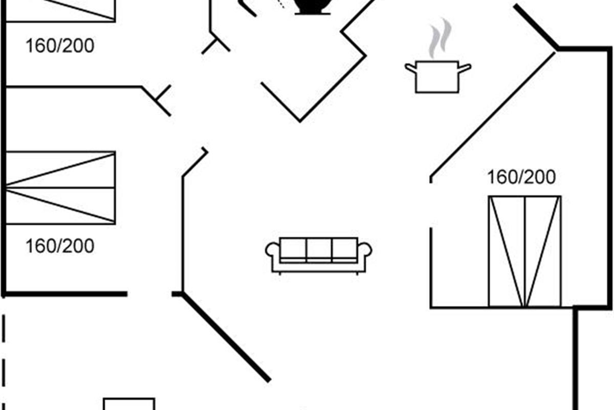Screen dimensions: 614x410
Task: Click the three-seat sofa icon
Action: pyautogui.click(x=318, y=255)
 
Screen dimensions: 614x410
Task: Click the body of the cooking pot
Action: pyautogui.click(x=437, y=77)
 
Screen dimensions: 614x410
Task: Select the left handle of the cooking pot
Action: pyautogui.click(x=410, y=68)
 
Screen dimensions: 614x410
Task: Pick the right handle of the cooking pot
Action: pyautogui.click(x=465, y=68)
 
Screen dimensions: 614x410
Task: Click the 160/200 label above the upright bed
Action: pyautogui.click(x=521, y=177)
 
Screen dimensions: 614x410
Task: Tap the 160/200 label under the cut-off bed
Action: pyautogui.click(x=60, y=46)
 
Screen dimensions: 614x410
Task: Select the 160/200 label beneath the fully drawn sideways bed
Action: pyautogui.click(x=60, y=246)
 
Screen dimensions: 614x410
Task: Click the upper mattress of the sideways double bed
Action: pyautogui.click(x=60, y=170)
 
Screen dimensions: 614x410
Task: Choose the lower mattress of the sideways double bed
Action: pyautogui.click(x=60, y=206)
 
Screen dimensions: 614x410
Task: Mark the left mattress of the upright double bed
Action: pyautogui.click(x=507, y=251)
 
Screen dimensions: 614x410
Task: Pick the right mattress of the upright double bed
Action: pyautogui.click(x=543, y=251)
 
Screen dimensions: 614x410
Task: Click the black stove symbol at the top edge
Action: pyautogui.click(x=313, y=7)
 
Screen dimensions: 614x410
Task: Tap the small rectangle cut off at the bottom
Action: pyautogui.click(x=129, y=404)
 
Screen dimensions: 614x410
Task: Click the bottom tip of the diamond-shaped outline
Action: pyautogui.click(x=300, y=121)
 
